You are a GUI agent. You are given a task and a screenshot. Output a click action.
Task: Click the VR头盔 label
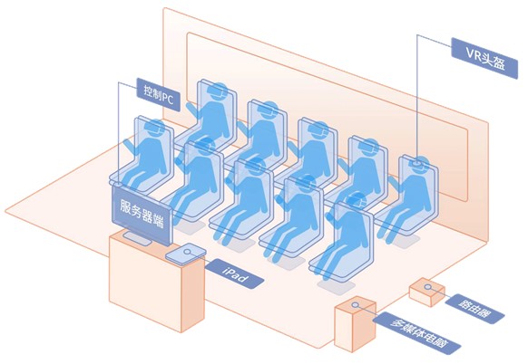(x=484, y=58)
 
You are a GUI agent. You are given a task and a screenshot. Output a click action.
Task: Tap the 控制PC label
(x=159, y=94)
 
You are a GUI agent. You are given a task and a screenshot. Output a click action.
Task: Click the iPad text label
(x=235, y=273)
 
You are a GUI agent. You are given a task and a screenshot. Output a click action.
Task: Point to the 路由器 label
(x=474, y=309)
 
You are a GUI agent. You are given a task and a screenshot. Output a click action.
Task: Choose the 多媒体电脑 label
(x=417, y=331)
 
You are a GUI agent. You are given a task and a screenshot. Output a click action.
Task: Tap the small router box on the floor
(x=427, y=292)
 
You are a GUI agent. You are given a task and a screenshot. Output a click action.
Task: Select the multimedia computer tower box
(x=355, y=324)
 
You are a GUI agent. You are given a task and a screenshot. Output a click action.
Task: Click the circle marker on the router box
(x=427, y=287)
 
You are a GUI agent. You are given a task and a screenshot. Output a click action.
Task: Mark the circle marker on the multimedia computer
(x=355, y=305)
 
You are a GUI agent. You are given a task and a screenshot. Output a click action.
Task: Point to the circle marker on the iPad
(x=187, y=252)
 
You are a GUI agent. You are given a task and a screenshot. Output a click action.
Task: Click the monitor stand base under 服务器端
(x=137, y=238)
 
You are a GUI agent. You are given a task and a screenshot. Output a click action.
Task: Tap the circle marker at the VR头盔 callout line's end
(x=417, y=163)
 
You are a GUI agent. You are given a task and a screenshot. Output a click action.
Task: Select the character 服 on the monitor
(x=126, y=205)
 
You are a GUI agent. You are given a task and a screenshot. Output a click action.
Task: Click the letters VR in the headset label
(x=473, y=53)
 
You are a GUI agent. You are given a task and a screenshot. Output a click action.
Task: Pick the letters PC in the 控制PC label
(x=168, y=98)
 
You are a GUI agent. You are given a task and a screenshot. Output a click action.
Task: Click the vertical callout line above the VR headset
(x=417, y=98)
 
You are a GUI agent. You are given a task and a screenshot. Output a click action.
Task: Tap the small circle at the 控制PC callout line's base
(x=119, y=184)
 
